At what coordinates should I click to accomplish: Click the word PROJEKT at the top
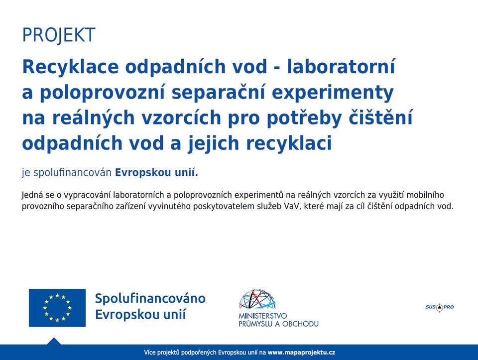coord(59,35)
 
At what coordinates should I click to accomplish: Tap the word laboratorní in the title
coord(341,66)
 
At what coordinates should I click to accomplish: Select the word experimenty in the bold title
coord(333,93)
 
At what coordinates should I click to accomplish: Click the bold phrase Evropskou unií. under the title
coord(156,173)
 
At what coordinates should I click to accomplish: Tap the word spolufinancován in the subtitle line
coord(72,173)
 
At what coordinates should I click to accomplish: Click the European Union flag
coord(57,308)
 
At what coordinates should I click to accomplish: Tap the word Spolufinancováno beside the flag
coord(150,299)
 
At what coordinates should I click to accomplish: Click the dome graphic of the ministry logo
coord(257,299)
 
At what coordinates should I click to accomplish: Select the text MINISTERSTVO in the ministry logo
coord(263,316)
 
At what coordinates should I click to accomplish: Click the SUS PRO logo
coord(440,307)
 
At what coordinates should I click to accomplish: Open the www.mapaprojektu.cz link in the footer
coord(302,353)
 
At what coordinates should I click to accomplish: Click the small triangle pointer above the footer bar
coord(54,342)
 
